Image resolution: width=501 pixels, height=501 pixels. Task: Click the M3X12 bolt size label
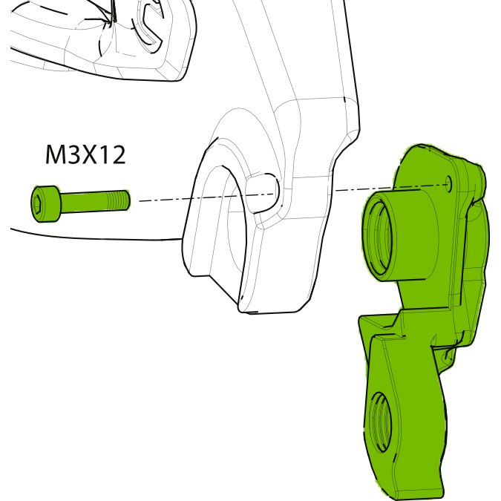(x=85, y=155)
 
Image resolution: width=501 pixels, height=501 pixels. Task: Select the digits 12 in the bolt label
(x=113, y=155)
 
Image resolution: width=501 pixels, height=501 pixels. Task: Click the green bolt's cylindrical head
(x=45, y=203)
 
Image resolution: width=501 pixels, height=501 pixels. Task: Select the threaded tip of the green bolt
(x=119, y=200)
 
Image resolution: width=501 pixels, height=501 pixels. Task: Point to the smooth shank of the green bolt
(x=84, y=202)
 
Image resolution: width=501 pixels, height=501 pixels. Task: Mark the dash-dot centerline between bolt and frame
(x=207, y=197)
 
